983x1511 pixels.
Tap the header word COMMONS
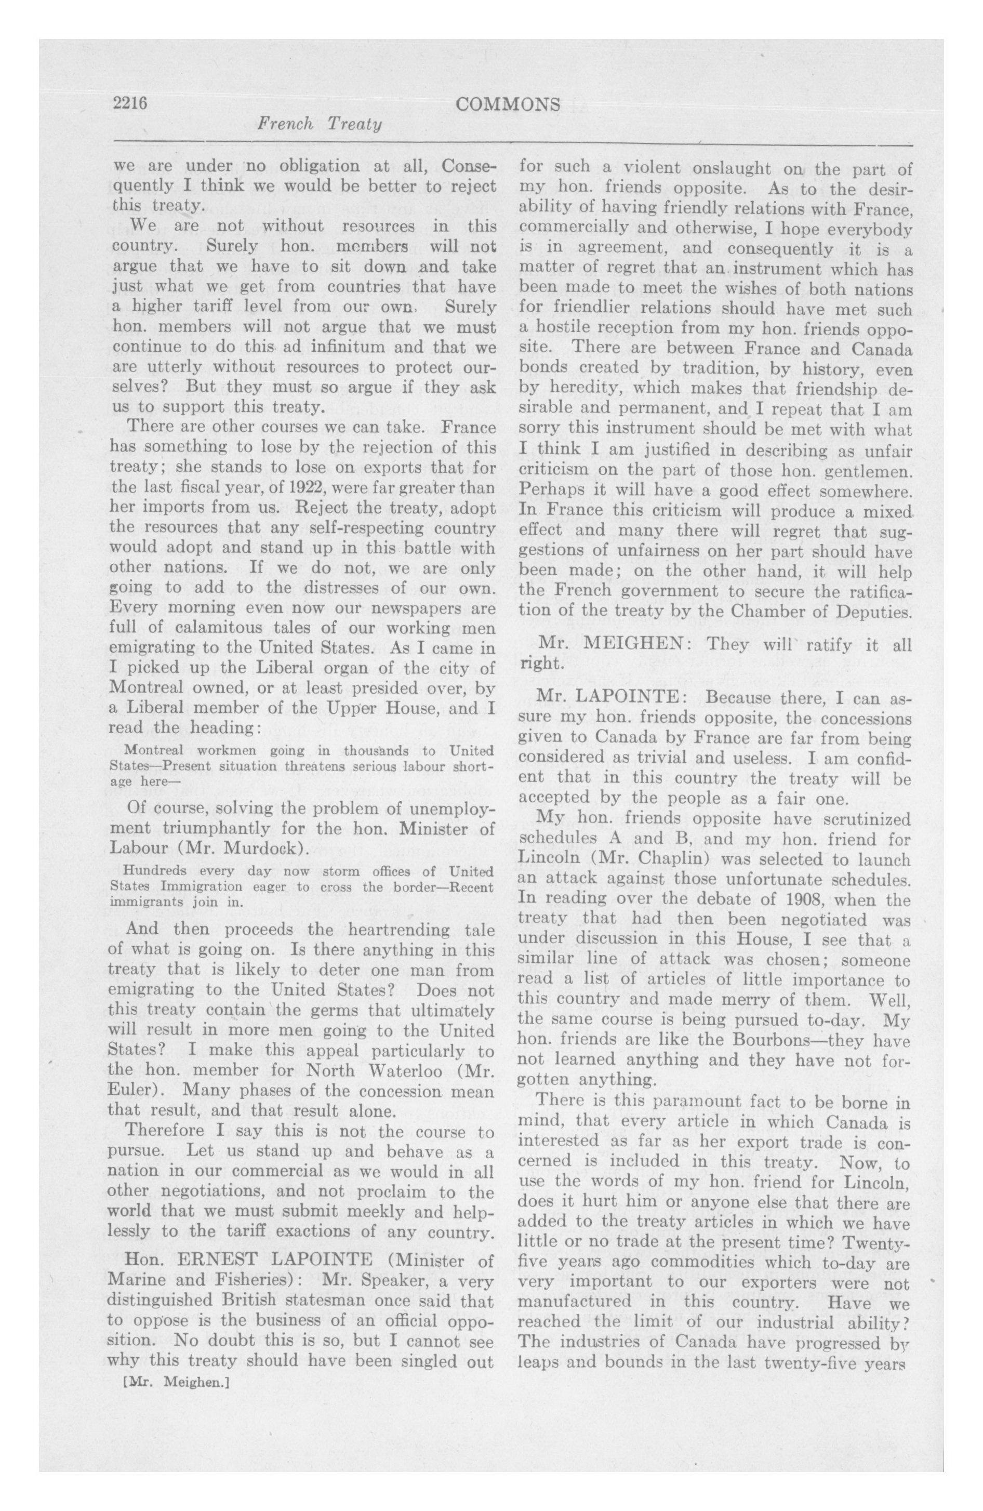508,105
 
